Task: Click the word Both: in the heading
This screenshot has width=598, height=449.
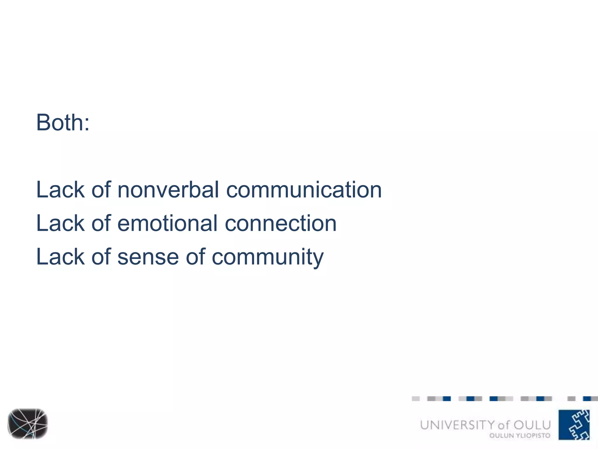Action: [62, 123]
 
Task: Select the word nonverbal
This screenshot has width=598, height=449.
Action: [168, 190]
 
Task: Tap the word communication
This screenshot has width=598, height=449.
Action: [304, 190]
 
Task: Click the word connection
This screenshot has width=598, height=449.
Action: [281, 224]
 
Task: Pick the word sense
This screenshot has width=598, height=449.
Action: [148, 257]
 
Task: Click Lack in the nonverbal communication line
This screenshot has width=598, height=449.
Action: [60, 190]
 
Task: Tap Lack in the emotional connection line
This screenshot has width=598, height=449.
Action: [60, 224]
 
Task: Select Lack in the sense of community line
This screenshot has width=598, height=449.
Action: [60, 257]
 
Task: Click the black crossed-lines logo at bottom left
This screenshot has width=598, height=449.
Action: [27, 424]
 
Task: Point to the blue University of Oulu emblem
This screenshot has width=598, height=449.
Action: [574, 425]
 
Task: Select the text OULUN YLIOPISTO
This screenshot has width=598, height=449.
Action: [520, 436]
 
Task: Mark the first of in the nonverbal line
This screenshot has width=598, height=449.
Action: [101, 190]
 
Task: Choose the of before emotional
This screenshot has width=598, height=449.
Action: [101, 224]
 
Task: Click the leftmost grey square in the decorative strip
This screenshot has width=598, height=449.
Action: [416, 399]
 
